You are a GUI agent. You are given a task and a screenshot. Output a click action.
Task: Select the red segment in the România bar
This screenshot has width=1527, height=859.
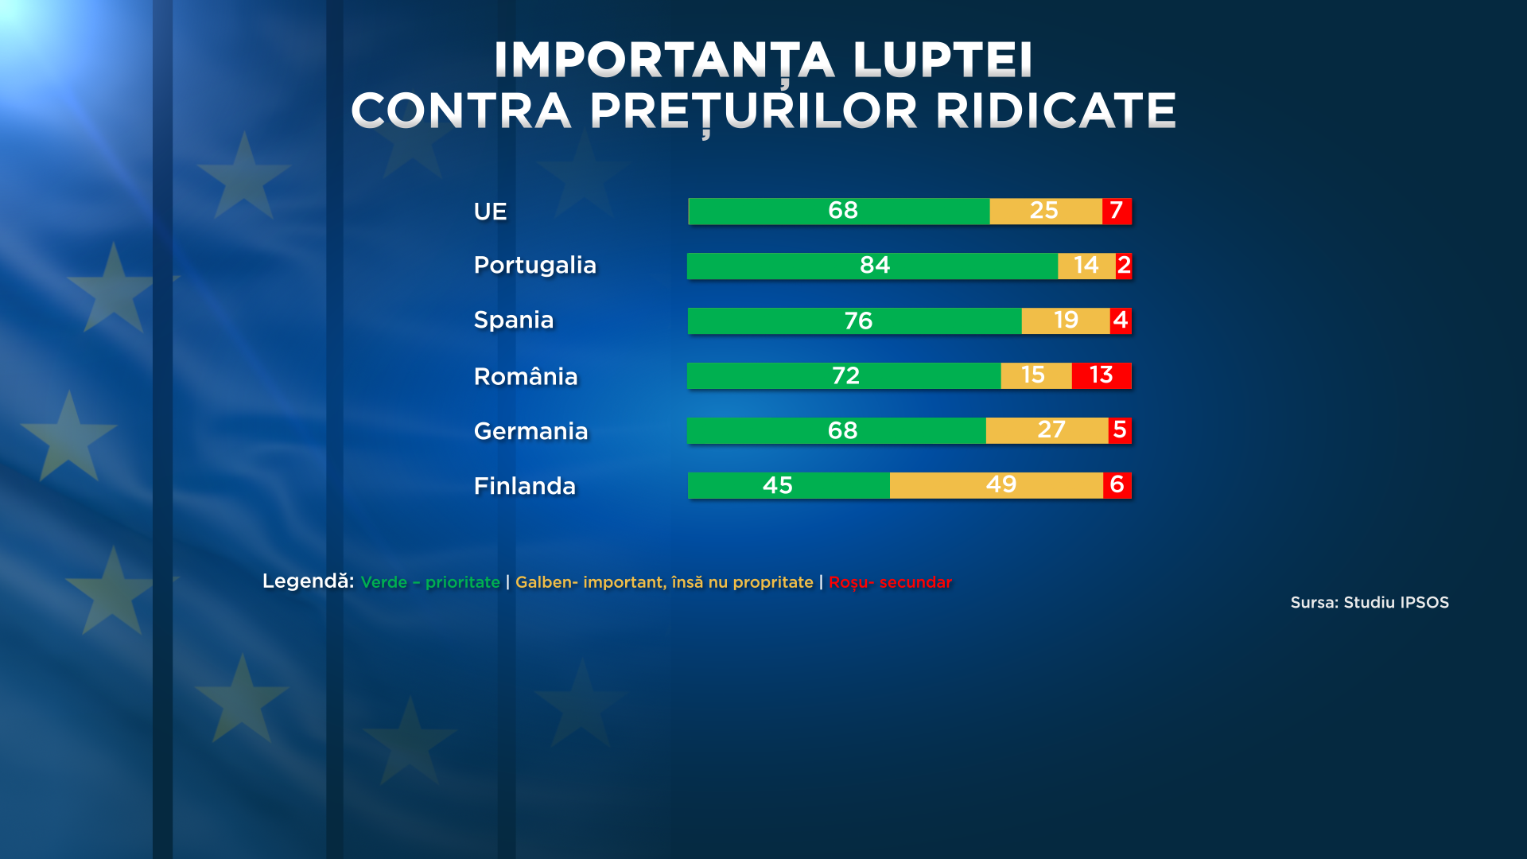coord(1102,375)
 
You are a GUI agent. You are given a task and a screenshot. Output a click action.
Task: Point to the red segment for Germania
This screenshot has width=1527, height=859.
coord(1120,430)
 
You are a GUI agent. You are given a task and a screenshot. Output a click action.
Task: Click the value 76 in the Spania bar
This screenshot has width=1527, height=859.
coord(858,321)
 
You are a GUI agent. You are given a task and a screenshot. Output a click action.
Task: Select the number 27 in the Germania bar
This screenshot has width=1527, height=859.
coord(1051,430)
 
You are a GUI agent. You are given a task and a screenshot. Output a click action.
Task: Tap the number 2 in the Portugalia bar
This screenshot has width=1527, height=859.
coord(1124,266)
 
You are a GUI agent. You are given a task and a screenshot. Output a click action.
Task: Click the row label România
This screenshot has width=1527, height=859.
coord(526,376)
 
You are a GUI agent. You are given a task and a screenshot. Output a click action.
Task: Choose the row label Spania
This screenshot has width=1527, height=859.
coord(513,320)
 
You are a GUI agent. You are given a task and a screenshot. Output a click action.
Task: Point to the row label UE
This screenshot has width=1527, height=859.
coord(490,212)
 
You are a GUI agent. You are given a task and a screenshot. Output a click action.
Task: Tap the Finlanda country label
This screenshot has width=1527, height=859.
coord(524,486)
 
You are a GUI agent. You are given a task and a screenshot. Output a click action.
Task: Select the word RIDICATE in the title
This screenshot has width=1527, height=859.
coord(1055,111)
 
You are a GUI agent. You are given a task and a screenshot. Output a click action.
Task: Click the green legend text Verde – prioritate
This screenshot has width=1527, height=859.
coord(430,582)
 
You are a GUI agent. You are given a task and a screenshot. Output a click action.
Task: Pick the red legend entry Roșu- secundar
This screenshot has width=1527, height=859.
coord(890,582)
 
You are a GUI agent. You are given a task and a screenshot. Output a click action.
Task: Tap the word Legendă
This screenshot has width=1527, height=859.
coord(308,581)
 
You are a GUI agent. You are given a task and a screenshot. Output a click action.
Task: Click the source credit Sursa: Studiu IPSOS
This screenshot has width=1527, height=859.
coord(1370,603)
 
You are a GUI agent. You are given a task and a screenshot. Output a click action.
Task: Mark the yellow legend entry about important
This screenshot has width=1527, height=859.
coord(664,582)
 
